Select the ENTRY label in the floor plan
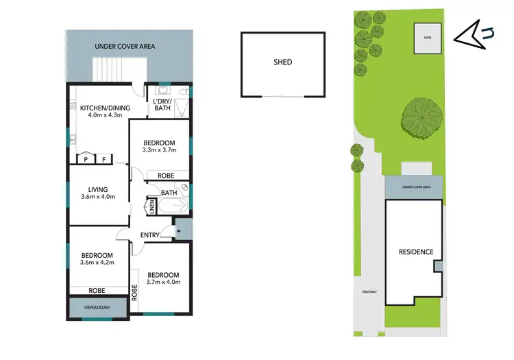150,235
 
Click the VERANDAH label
96,308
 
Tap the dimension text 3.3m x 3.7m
159,150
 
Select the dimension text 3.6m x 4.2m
96,263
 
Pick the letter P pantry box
86,158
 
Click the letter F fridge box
103,158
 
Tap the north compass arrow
472,34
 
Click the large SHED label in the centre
282,62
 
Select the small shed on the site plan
428,38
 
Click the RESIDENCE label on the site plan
416,252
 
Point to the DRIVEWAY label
371,293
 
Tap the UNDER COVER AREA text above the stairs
124,47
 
